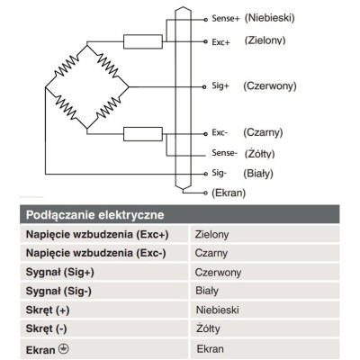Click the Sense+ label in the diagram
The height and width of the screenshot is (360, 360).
point(226,18)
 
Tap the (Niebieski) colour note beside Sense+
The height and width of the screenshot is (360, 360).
point(269,18)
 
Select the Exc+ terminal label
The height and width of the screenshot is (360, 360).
point(220,42)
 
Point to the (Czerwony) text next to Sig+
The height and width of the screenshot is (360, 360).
point(270,86)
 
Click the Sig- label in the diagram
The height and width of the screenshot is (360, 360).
point(220,173)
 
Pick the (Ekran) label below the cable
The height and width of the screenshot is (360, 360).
point(229,193)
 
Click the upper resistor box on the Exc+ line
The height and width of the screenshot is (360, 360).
point(143,41)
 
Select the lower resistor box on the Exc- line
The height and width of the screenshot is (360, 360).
point(143,134)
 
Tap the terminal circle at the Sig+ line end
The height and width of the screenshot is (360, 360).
point(204,87)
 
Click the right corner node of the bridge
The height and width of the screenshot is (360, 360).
point(129,87)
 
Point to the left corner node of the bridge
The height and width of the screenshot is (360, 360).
point(45,87)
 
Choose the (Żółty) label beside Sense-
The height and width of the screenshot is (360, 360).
point(259,154)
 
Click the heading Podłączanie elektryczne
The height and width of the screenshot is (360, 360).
point(94,215)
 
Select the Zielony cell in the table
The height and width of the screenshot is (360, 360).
point(211,234)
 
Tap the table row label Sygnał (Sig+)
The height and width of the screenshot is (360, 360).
point(60,273)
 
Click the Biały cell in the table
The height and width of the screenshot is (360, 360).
point(207,291)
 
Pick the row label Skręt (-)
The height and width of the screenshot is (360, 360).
point(46,328)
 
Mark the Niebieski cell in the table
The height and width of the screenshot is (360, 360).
point(218,310)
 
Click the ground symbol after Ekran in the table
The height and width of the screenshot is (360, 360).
point(64,349)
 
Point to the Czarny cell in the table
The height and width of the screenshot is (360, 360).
point(211,253)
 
